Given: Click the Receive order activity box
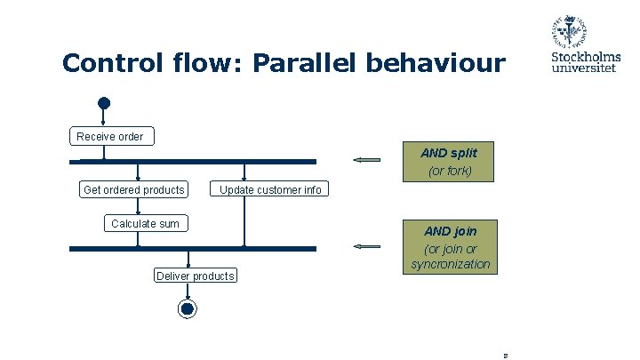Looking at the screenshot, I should (110, 136).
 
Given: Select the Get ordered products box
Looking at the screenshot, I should (134, 189).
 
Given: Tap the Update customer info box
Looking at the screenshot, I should (270, 189).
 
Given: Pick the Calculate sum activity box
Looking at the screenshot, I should (145, 223).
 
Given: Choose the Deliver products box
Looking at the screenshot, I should (196, 276).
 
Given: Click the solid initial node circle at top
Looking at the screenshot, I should (104, 103).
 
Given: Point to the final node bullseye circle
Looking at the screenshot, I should (187, 308).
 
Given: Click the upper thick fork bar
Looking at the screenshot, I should (193, 162).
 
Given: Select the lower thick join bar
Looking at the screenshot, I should (193, 249).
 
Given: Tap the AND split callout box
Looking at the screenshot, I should (449, 161).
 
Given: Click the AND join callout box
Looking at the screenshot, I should (449, 247).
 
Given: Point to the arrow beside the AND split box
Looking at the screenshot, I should (366, 160).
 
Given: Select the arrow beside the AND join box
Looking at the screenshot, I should (366, 245).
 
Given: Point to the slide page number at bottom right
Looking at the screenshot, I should (505, 355).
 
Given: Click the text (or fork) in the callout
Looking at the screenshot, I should (450, 171).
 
